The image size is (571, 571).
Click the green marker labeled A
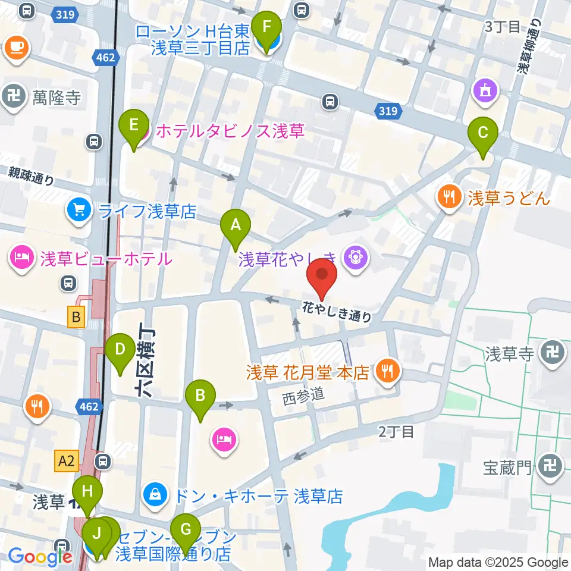[x=236, y=226]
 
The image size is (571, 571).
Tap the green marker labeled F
[x=266, y=27]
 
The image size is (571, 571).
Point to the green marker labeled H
[x=87, y=492]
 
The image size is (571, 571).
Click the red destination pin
[x=322, y=277]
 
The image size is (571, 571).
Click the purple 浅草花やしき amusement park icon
[x=356, y=258]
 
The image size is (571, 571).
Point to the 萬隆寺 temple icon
[x=14, y=96]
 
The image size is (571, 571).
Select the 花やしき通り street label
[x=337, y=311]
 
